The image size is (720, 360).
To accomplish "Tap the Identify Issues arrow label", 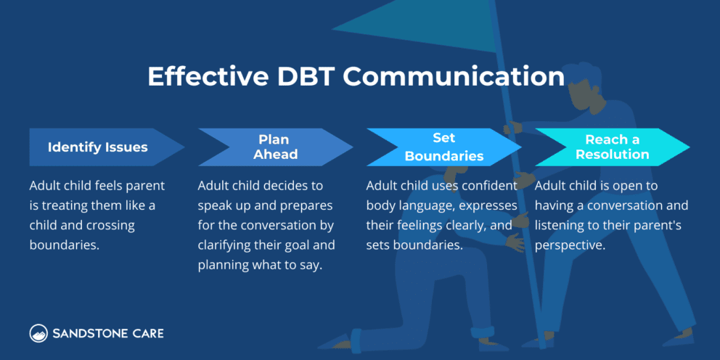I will (x=98, y=147).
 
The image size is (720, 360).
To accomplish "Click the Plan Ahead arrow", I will (x=275, y=147).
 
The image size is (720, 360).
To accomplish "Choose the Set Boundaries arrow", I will (x=443, y=147).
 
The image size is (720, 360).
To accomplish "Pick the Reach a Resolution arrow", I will (x=612, y=147).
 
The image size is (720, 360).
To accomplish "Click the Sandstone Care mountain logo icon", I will (x=38, y=333).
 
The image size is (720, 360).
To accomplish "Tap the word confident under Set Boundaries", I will (x=491, y=187).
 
